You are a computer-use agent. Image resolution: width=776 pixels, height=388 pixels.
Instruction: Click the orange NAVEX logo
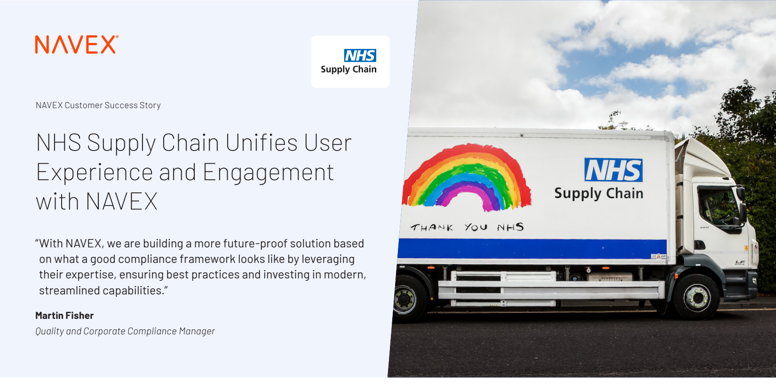[77, 44]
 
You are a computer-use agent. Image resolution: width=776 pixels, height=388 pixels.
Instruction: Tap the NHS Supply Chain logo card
[350, 61]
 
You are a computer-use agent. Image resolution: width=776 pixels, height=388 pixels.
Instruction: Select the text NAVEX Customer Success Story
[98, 105]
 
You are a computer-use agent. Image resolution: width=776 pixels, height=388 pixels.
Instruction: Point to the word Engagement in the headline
[268, 172]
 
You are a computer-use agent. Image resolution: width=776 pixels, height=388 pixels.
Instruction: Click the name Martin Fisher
[64, 315]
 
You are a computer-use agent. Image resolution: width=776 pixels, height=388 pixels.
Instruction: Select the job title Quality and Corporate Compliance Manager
[125, 331]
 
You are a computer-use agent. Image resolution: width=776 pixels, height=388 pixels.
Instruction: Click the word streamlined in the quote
[69, 290]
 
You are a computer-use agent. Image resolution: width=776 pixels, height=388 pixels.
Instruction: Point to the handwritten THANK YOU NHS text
[467, 227]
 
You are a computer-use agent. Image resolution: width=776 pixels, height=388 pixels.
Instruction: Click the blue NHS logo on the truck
[613, 170]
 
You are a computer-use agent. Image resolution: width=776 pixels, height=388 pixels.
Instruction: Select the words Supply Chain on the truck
[599, 193]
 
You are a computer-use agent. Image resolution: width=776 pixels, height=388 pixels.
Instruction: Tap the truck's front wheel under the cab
[696, 297]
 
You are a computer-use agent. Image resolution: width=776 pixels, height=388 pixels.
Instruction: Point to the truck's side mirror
[742, 205]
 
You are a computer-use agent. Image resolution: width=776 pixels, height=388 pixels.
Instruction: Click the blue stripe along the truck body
[532, 249]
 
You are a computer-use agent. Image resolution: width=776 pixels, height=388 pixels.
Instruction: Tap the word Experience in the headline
[94, 172]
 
